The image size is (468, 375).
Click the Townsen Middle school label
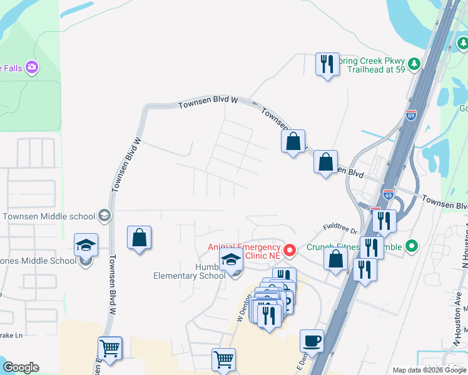click(x=49, y=216)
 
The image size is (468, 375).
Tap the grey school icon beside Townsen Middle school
click(x=104, y=216)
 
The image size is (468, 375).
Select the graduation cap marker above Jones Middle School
click(x=86, y=244)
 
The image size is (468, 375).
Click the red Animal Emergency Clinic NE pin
click(x=290, y=251)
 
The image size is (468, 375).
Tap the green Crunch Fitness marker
click(x=411, y=246)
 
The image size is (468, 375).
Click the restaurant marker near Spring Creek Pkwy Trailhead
click(x=327, y=64)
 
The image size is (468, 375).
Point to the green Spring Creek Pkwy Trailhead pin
click(x=414, y=64)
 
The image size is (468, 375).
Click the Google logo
click(x=21, y=367)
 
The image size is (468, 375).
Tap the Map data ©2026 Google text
click(x=429, y=370)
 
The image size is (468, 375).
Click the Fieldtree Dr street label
click(x=338, y=229)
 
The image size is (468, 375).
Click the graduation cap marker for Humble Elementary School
click(x=231, y=259)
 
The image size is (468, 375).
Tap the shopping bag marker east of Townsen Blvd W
click(x=140, y=238)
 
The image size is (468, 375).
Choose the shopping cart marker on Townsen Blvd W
click(x=110, y=349)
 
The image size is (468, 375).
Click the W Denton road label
click(x=242, y=308)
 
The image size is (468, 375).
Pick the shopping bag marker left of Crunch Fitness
click(x=336, y=258)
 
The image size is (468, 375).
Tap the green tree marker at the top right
click(x=462, y=44)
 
